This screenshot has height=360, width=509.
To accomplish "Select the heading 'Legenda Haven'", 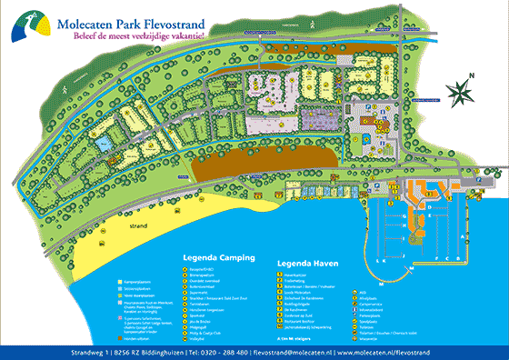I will pyautogui.click(x=308, y=264).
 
